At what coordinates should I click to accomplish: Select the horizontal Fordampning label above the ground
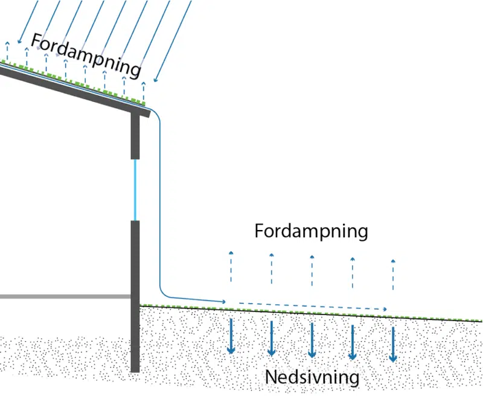coord(311,231)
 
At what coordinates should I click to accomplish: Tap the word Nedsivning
coord(312,378)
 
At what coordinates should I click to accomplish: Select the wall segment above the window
coord(135,136)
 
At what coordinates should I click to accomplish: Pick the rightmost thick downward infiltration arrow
coord(393,344)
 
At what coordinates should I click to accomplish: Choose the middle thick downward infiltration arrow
coord(312,340)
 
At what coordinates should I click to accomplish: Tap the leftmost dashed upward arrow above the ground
coord(231,266)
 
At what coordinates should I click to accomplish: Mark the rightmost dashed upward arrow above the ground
coord(393,275)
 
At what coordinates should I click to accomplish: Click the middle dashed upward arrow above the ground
coord(312,270)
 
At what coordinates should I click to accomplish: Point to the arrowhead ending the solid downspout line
coord(224,301)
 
